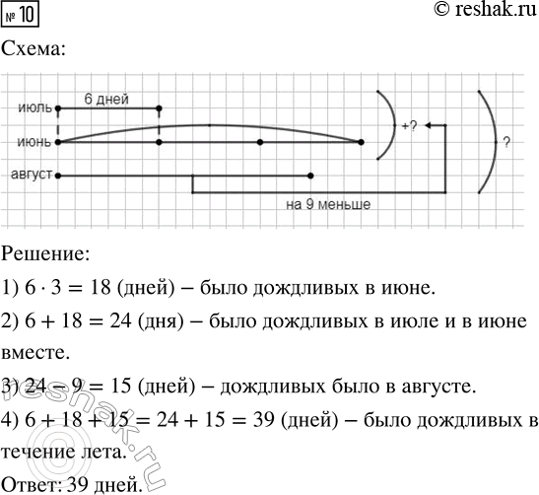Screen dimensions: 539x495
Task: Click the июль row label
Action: [x=34, y=107]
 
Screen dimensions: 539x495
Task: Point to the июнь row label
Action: [x=34, y=142]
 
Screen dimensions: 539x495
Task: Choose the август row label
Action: [x=32, y=176]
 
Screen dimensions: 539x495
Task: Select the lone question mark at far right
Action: [x=505, y=142]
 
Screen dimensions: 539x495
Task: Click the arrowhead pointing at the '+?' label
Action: [x=431, y=125]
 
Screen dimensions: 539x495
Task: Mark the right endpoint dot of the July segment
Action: [x=159, y=107]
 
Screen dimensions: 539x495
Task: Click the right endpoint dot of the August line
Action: [x=310, y=176]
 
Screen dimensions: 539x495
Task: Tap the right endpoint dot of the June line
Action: [x=361, y=142]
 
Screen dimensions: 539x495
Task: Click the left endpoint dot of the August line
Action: [x=59, y=176]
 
